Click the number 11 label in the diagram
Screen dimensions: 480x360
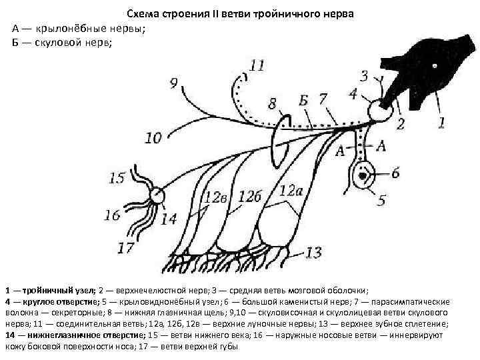coord(256,65)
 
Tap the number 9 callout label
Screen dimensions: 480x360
coord(174,83)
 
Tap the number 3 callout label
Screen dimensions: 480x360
coord(364,75)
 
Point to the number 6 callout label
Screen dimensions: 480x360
coord(395,173)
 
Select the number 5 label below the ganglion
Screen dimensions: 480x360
coord(382,199)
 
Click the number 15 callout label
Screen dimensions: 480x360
coord(117,178)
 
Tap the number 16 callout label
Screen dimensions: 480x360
coord(113,215)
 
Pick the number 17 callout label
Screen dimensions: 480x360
coord(126,248)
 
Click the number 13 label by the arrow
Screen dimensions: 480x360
coord(313,253)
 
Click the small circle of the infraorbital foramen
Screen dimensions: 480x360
coord(157,195)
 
